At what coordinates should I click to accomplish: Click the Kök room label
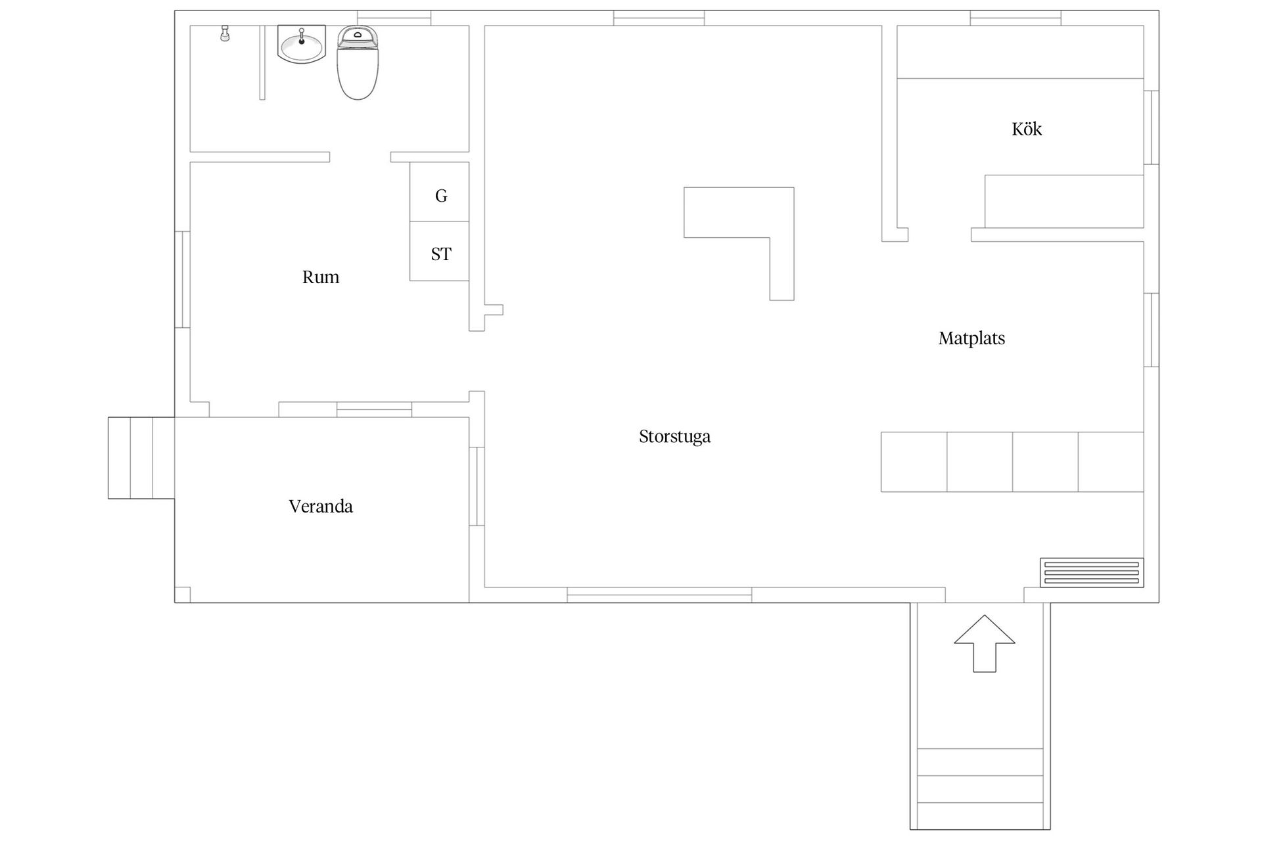pos(1027,129)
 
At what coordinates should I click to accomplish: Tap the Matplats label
pos(971,338)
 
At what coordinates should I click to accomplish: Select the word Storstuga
pos(674,437)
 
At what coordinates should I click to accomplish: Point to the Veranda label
pos(321,506)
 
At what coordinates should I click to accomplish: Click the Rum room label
pos(321,277)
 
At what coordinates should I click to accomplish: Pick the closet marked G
pos(440,192)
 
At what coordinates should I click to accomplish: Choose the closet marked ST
pos(440,252)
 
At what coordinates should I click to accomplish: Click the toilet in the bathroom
pos(358,62)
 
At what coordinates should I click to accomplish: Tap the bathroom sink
pos(302,44)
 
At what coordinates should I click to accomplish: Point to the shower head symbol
pos(225,34)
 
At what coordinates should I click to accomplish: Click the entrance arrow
pos(984,644)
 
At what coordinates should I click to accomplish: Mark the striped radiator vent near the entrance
pos(1092,572)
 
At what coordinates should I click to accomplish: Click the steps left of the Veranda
pos(141,458)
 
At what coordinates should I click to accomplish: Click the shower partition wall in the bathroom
pos(262,62)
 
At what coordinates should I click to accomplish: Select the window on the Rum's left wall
pos(182,279)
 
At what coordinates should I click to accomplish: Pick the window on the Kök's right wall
pos(1152,127)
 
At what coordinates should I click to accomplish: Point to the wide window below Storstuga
pos(659,595)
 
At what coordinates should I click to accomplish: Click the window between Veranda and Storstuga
pos(477,486)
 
